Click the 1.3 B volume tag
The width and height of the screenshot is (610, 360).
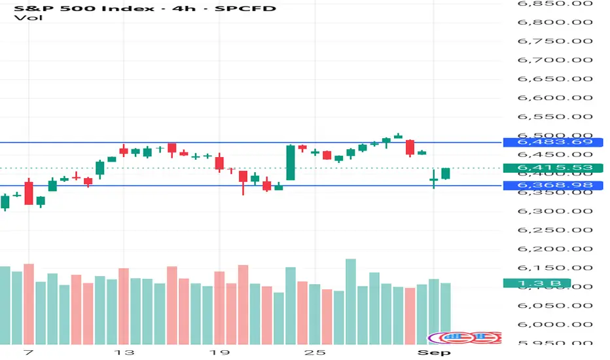point(535,283)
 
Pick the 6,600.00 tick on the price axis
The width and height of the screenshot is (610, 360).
point(554,98)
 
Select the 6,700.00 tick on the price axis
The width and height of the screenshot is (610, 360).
point(554,60)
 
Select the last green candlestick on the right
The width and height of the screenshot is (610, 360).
point(446,173)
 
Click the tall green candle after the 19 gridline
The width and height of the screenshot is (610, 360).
point(291,162)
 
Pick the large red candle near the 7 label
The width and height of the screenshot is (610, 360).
point(29,193)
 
